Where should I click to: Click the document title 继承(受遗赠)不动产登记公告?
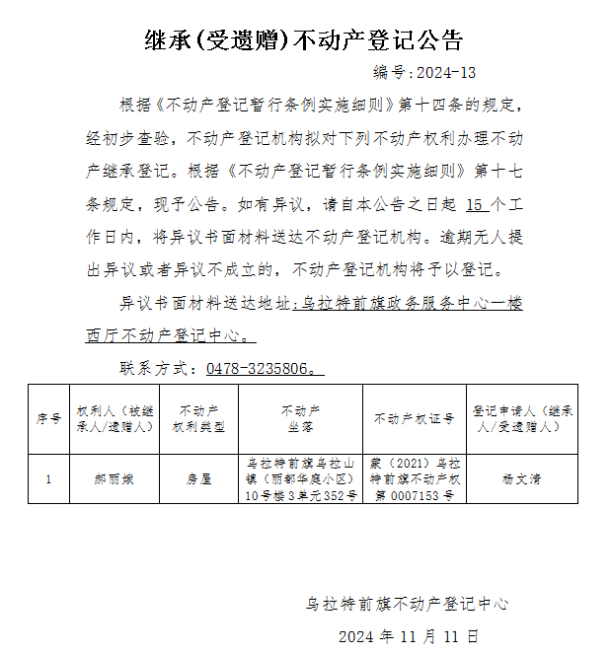click(x=304, y=39)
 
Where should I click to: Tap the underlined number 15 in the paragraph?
click(x=477, y=205)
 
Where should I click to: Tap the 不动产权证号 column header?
click(x=414, y=418)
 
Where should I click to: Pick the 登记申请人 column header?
click(x=520, y=418)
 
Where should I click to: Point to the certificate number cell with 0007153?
click(x=414, y=478)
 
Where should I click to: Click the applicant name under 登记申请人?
click(x=520, y=478)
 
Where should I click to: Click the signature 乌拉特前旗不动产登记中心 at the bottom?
click(x=407, y=604)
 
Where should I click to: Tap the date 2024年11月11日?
click(x=408, y=636)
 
